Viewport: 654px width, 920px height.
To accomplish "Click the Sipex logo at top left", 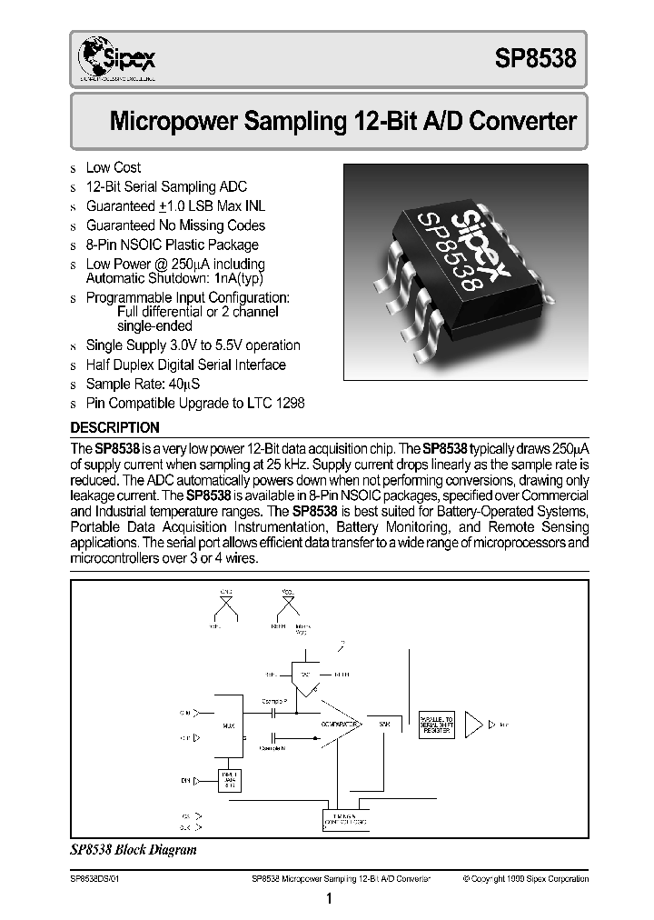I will (x=117, y=60).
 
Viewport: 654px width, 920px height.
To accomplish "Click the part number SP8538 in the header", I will (x=535, y=60).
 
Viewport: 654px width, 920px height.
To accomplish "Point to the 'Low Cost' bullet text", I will (x=114, y=167).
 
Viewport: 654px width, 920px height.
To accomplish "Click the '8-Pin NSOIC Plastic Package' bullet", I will (x=172, y=245).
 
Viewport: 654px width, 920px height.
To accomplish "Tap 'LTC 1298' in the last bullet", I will (x=276, y=403).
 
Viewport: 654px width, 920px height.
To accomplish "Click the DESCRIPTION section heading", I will (x=115, y=427).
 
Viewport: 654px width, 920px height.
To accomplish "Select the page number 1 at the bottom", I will (x=329, y=900).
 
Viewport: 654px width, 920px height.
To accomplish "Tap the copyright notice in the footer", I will (x=525, y=879).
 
